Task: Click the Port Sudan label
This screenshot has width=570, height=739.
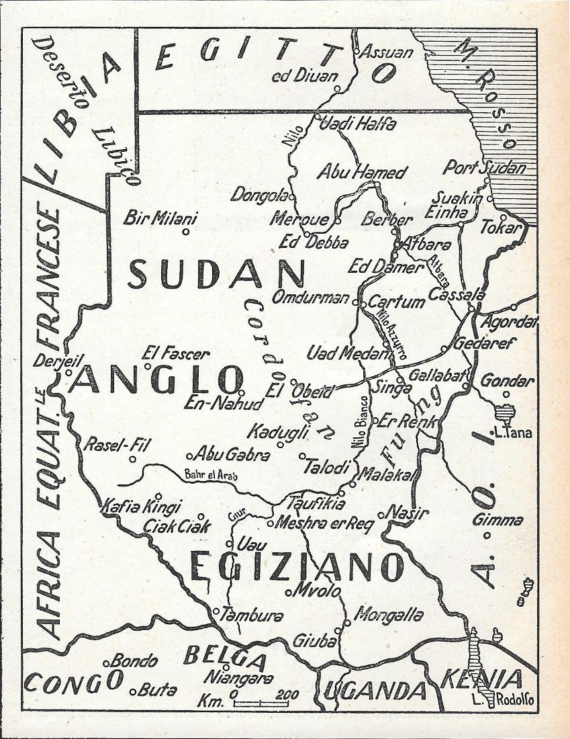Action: click(484, 167)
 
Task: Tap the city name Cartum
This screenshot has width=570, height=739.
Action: click(396, 302)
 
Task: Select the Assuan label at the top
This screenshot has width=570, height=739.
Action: click(387, 52)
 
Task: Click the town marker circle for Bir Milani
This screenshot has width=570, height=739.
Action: click(186, 232)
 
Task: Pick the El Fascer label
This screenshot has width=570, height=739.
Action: click(176, 353)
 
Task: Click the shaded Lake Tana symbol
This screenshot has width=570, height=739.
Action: click(504, 412)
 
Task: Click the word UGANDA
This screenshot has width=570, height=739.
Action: click(376, 690)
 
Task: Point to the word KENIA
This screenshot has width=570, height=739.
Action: click(481, 679)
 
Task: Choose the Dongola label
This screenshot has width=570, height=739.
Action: click(259, 195)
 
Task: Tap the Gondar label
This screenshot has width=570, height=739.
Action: click(508, 381)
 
